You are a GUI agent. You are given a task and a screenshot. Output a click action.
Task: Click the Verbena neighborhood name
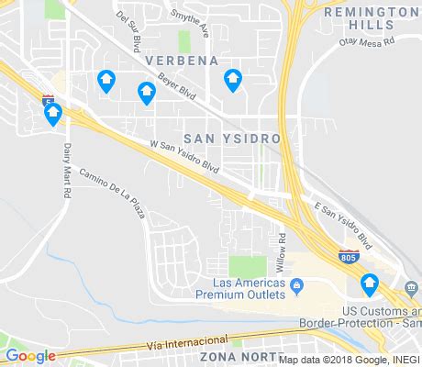[182, 61]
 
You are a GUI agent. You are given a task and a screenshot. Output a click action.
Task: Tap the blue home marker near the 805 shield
[370, 284]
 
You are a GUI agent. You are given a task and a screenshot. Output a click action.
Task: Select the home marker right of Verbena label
[233, 81]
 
